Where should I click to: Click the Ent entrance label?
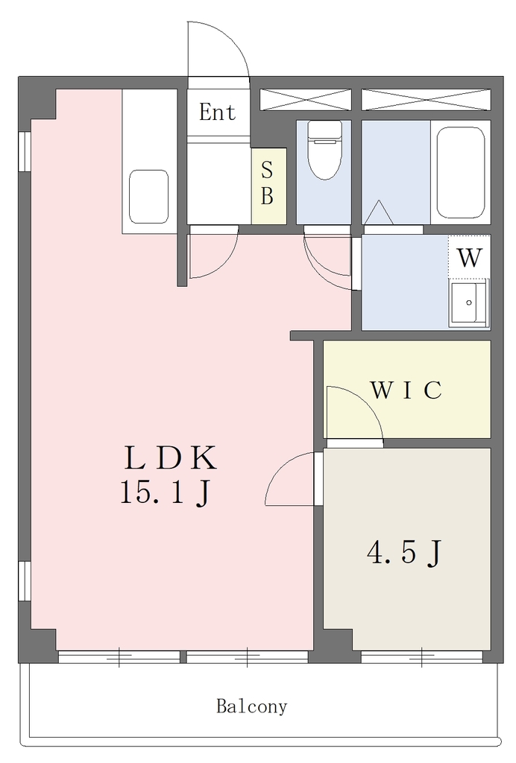(217, 113)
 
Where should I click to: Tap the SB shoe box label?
(267, 183)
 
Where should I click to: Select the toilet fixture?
(324, 151)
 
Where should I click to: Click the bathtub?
(461, 173)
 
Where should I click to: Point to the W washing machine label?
(469, 257)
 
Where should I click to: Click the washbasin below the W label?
(469, 303)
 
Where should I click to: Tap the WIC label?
(406, 390)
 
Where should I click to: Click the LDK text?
(170, 458)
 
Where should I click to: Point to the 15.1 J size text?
(165, 493)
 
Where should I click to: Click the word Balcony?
(252, 706)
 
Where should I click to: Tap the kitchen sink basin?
(148, 197)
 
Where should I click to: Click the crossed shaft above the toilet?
(305, 100)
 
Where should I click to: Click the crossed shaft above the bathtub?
(426, 100)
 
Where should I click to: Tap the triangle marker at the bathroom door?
(379, 212)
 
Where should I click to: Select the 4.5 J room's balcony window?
(421, 657)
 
